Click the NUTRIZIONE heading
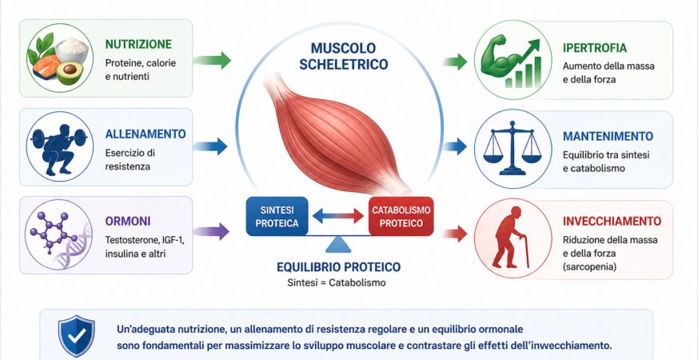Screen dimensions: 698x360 click(x=138, y=44)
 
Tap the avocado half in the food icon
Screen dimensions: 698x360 click(x=70, y=72)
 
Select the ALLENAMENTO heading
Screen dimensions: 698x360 click(x=146, y=134)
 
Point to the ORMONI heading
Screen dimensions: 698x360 click(x=128, y=221)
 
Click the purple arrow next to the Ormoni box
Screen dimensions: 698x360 click(x=211, y=231)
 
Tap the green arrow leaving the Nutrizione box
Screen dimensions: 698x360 click(x=212, y=60)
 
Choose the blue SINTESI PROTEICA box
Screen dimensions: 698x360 click(x=277, y=216)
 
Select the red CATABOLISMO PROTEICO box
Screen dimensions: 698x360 click(x=401, y=216)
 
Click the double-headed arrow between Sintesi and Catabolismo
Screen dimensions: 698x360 click(x=338, y=216)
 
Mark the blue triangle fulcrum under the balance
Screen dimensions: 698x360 click(x=338, y=245)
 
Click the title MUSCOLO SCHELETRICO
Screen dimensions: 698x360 click(x=343, y=56)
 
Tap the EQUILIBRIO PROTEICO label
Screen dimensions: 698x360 click(x=338, y=267)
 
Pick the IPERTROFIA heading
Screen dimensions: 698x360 click(x=595, y=48)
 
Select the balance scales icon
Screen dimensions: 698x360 click(x=512, y=147)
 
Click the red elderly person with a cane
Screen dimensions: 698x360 click(x=511, y=237)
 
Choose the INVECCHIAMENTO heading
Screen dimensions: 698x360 click(x=612, y=222)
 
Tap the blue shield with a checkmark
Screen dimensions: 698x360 click(x=77, y=335)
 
